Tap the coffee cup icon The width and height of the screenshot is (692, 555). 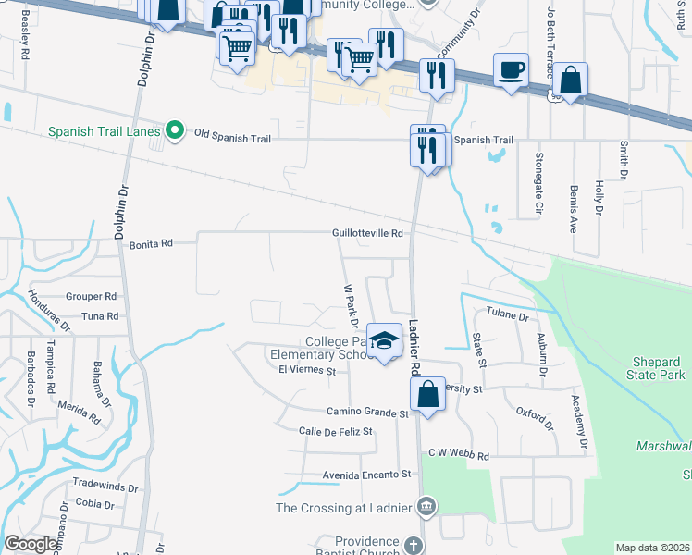[511, 70]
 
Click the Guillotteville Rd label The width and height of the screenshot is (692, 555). [368, 234]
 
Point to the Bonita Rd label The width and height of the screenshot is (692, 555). [150, 243]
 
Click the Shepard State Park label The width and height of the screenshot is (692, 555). [646, 368]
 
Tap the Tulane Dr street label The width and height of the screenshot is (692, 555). [506, 315]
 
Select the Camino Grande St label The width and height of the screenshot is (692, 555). [366, 413]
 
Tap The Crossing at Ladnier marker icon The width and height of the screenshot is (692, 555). [426, 506]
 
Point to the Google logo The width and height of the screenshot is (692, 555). [31, 544]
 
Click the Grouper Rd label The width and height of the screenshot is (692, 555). [92, 297]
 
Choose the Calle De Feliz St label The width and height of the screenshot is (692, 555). [322, 432]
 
